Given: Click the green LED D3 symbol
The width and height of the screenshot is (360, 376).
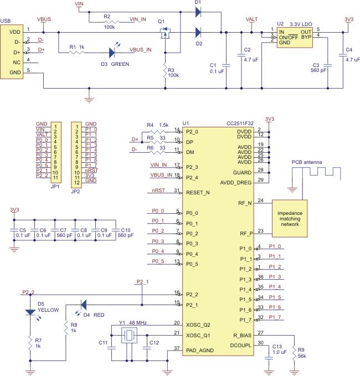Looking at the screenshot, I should point(112,52).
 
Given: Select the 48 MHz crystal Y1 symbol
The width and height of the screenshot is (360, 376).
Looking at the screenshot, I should point(130,336).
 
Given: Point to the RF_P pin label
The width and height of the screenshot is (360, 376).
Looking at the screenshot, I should point(246,234).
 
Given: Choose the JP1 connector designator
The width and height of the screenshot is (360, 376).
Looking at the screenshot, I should point(55,187).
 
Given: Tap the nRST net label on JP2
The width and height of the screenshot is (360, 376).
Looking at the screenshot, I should point(92,171).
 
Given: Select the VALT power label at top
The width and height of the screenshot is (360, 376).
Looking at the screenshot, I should point(251,19).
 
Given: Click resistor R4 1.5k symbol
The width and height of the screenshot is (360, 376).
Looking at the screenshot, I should point(157,131).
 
